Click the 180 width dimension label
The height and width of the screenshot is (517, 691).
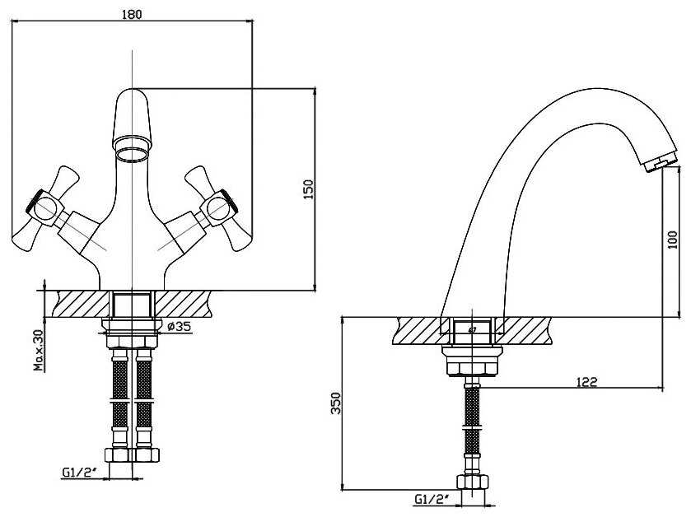(132, 14)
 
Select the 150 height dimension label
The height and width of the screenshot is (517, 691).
(309, 189)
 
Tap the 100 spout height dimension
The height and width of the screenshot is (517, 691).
(673, 240)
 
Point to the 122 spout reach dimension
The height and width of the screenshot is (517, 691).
(587, 382)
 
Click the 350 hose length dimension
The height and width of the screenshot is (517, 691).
(336, 403)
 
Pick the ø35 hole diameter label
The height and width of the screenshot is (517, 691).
(180, 327)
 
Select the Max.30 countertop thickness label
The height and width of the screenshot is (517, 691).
(40, 350)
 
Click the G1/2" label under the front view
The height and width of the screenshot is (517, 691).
(80, 473)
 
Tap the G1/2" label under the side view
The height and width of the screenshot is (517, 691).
(432, 500)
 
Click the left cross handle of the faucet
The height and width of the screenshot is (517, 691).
(45, 209)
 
